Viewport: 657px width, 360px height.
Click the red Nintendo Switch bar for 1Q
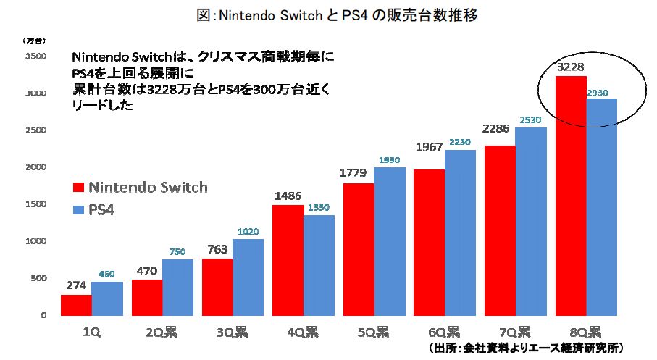tap(76, 305)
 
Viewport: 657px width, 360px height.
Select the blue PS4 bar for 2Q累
tap(177, 287)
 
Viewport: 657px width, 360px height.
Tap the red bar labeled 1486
tap(288, 260)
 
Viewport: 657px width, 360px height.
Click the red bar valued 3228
tap(570, 196)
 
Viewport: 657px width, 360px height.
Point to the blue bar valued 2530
tap(531, 221)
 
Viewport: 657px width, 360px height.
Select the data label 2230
tap(461, 142)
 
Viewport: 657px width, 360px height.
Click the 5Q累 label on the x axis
tap(374, 332)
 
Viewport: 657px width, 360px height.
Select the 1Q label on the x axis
tap(91, 332)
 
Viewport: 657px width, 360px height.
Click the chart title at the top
tap(328, 14)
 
